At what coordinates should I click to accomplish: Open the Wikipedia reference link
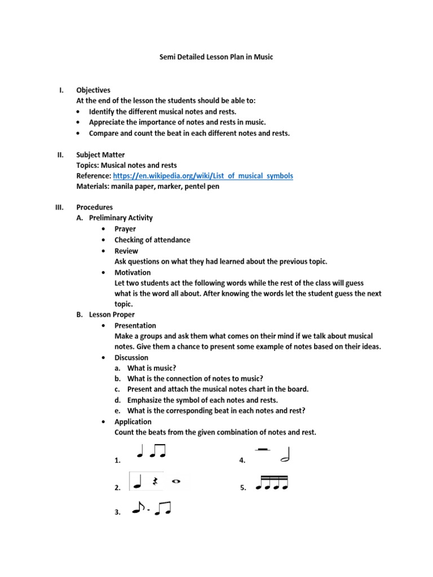pyautogui.click(x=203, y=176)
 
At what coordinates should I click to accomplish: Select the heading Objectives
pyautogui.click(x=94, y=90)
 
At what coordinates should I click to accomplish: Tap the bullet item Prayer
pyautogui.click(x=125, y=229)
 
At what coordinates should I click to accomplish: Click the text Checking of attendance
pyautogui.click(x=152, y=239)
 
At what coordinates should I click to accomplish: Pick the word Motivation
pyautogui.click(x=132, y=272)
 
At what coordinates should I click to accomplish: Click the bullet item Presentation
pyautogui.click(x=135, y=326)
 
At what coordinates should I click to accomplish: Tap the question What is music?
pyautogui.click(x=148, y=368)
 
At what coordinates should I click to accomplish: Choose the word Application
pyautogui.click(x=133, y=421)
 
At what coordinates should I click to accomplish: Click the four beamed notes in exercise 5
pyautogui.click(x=272, y=482)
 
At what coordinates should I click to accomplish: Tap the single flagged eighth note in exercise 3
pyautogui.click(x=137, y=509)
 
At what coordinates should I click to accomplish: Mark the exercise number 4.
pyautogui.click(x=242, y=460)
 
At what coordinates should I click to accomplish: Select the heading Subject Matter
pyautogui.click(x=100, y=154)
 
